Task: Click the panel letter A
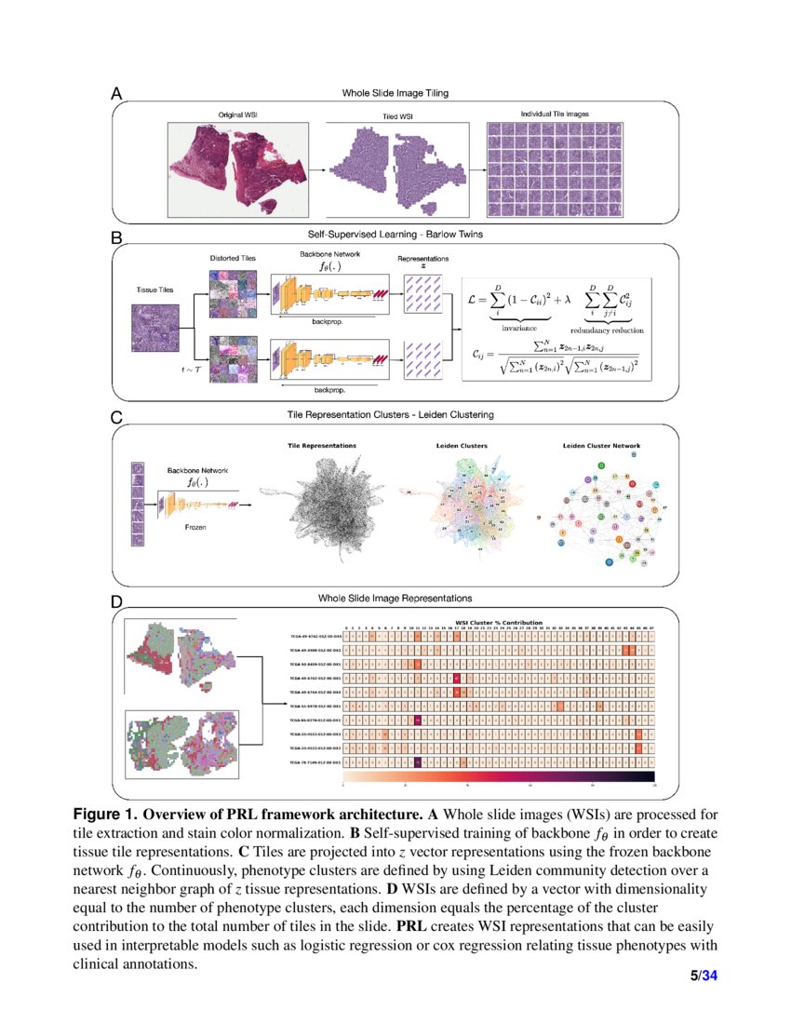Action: point(116,93)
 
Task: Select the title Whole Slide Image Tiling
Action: point(395,92)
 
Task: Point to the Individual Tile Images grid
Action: point(554,168)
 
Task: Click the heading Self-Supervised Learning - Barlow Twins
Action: point(395,235)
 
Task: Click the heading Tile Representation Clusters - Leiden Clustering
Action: point(395,413)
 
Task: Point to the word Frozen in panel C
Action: point(195,527)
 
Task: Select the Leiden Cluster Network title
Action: point(601,446)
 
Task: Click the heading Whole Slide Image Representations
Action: point(395,598)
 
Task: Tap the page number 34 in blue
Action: point(710,976)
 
